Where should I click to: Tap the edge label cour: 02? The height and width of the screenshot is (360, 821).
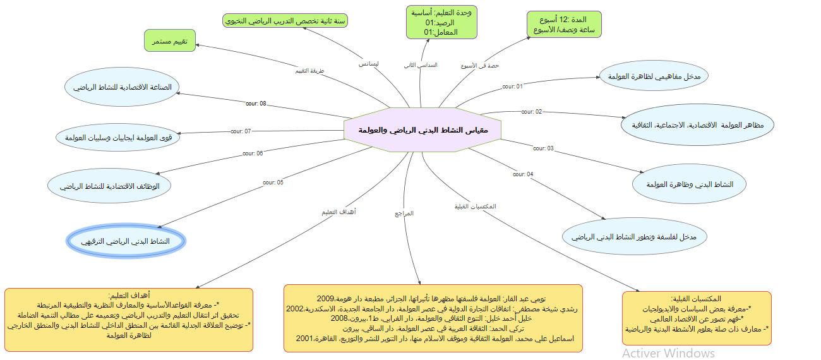pyautogui.click(x=531, y=112)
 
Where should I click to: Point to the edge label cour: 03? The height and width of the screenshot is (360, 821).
pyautogui.click(x=543, y=148)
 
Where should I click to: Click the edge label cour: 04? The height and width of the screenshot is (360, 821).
pyautogui.click(x=523, y=174)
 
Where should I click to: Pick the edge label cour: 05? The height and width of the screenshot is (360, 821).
pyautogui.click(x=273, y=183)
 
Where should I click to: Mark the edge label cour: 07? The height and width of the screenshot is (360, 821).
pyautogui.click(x=241, y=131)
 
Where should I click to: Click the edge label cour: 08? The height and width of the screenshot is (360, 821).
pyautogui.click(x=256, y=104)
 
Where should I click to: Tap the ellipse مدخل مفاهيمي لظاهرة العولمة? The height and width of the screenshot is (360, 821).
pyautogui.click(x=654, y=76)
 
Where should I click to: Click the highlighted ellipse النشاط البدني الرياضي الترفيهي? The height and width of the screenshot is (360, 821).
pyautogui.click(x=126, y=242)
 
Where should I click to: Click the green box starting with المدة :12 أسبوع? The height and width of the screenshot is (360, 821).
pyautogui.click(x=564, y=25)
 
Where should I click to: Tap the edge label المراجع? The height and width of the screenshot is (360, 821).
pyautogui.click(x=404, y=213)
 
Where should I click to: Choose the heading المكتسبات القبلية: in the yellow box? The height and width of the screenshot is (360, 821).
pyautogui.click(x=697, y=298)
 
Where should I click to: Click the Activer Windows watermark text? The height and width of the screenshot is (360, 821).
pyautogui.click(x=668, y=352)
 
